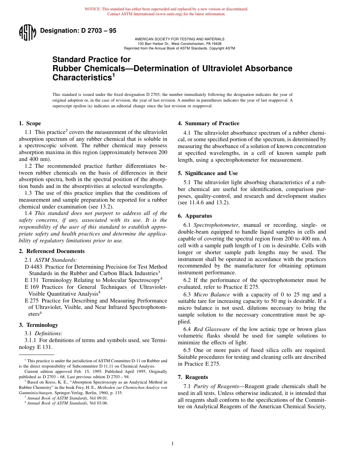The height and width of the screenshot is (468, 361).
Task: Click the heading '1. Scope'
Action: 30,123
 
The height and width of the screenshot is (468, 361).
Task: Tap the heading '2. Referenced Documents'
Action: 52,251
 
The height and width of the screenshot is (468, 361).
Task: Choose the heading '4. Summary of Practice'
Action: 208,123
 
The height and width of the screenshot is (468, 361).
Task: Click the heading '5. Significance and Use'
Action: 208,173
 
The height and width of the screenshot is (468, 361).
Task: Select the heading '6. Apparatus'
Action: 195,216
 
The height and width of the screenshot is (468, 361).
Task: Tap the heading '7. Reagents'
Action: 193,377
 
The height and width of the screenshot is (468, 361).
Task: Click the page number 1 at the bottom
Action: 173,443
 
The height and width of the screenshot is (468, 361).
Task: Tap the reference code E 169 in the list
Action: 32,287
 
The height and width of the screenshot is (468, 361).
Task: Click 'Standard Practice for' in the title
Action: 91,59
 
